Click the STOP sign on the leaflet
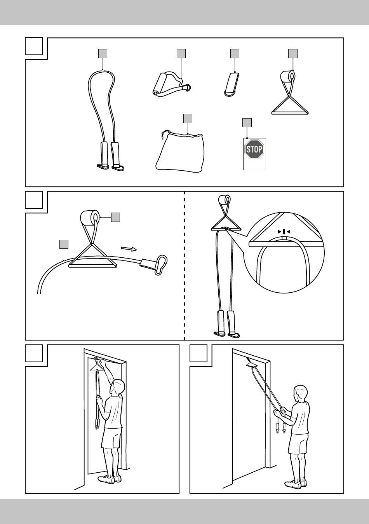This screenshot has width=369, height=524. tap(254, 149)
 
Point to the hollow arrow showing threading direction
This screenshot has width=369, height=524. tap(129, 249)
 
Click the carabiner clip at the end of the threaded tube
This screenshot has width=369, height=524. tap(162, 264)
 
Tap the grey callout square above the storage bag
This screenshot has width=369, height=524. tap(188, 119)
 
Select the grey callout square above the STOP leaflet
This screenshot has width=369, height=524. tap(247, 122)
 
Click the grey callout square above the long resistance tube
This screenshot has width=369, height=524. tap(103, 54)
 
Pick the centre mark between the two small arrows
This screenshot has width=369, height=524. tap(284, 232)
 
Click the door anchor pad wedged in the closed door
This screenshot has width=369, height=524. tap(251, 365)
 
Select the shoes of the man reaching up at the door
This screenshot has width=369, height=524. tap(110, 479)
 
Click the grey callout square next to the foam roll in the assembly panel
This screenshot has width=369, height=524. tap(115, 217)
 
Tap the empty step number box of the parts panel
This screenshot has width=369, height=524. tap(34, 46)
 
